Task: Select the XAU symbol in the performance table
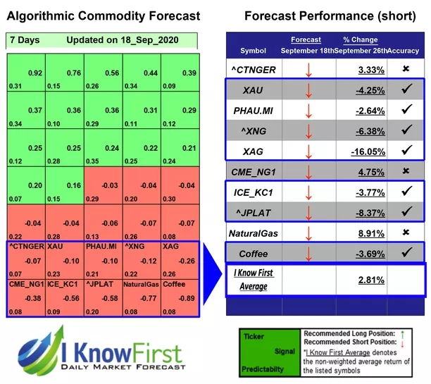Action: [254, 90]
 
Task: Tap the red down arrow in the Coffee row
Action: [308, 253]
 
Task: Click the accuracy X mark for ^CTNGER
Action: [404, 70]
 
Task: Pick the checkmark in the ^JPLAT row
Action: [404, 211]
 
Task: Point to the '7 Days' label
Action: [24, 40]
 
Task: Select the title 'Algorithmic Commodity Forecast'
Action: [103, 16]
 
